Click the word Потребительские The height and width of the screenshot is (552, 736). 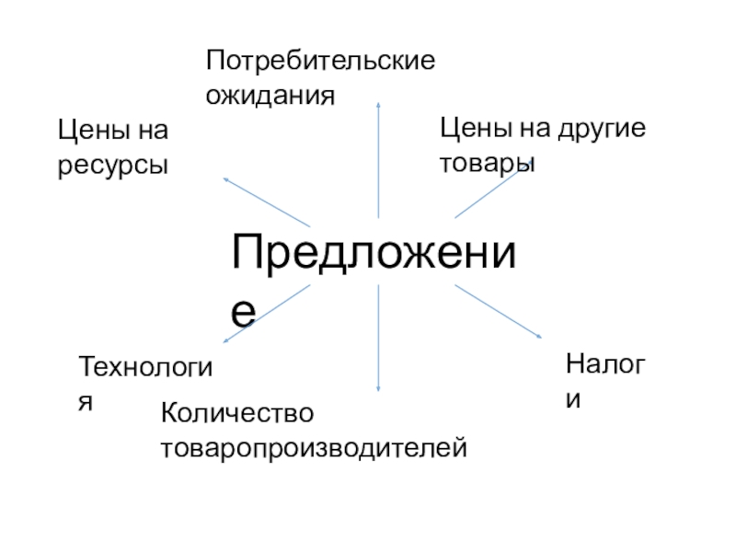click(320, 63)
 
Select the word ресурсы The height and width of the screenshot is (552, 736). click(114, 166)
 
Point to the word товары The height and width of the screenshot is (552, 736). click(488, 163)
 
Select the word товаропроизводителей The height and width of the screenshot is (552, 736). click(315, 448)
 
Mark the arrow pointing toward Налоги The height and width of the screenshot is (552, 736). click(498, 311)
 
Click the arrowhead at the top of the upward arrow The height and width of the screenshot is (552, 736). click(378, 104)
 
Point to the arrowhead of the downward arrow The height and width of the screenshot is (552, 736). click(378, 389)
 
